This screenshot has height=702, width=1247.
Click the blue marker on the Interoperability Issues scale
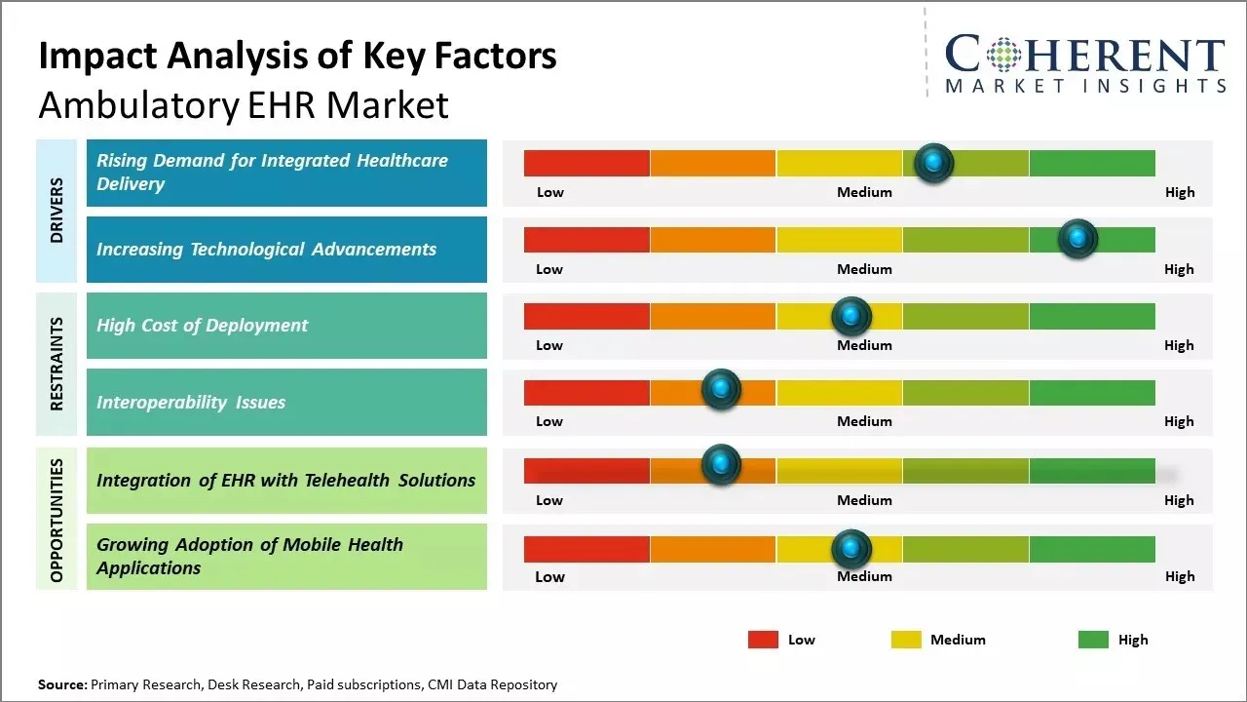tap(721, 390)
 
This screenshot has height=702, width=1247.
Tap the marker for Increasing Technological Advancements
tap(1077, 239)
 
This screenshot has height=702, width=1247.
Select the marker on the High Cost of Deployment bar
tap(850, 316)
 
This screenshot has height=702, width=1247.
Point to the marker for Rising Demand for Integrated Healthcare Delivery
tap(934, 163)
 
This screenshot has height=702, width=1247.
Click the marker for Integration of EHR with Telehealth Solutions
tap(721, 465)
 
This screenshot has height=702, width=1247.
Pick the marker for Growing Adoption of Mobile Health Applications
tap(850, 549)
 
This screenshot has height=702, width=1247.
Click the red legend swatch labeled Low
tap(763, 640)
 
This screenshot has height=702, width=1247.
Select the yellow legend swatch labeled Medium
tap(906, 640)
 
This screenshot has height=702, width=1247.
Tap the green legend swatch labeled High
tap(1093, 640)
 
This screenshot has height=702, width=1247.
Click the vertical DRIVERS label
tap(57, 211)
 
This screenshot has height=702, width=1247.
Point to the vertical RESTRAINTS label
tap(57, 364)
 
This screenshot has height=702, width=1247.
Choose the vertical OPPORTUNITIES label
tap(57, 520)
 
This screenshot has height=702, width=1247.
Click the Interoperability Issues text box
tap(286, 403)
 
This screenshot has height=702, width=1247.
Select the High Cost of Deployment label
tap(203, 326)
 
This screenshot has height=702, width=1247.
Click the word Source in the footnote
tap(61, 684)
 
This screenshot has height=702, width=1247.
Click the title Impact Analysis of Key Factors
tap(297, 57)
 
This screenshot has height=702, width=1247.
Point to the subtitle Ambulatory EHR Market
tap(244, 105)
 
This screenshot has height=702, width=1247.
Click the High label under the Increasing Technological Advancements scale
tap(1178, 269)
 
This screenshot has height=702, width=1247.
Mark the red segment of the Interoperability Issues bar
tap(586, 392)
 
